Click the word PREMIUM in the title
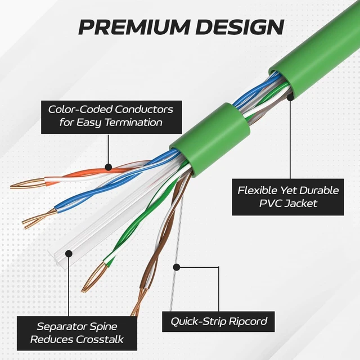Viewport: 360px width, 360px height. pos(134,27)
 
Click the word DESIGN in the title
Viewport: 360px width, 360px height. pos(241,27)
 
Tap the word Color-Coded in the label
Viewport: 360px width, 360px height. pos(80,110)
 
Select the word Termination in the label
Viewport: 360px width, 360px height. pos(134,122)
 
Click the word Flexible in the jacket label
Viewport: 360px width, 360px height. pos(257,190)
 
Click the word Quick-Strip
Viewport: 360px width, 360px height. pos(199,321)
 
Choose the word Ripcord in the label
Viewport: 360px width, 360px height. pos(248,322)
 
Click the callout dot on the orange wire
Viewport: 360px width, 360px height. pos(108,167)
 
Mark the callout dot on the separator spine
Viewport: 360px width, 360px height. pos(69,254)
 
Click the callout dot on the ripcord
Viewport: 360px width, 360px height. pos(176,267)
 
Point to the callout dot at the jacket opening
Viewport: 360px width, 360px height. pos(290,97)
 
